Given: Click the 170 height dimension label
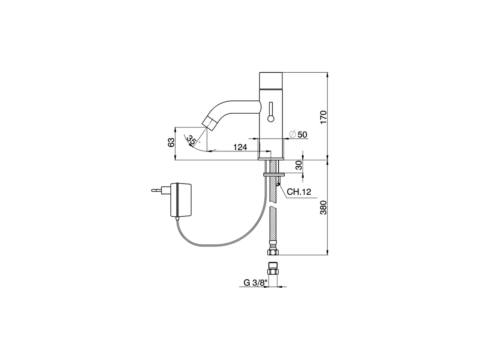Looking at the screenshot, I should (x=324, y=117).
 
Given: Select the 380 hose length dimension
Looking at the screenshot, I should (x=324, y=207).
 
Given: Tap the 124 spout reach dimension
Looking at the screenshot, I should (x=240, y=147).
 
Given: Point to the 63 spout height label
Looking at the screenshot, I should (x=171, y=142).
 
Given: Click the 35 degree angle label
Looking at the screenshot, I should (x=192, y=141).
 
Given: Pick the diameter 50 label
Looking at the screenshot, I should (x=302, y=134).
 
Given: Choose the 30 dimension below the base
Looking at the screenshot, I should (x=298, y=166).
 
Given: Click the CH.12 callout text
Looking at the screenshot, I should (x=299, y=192).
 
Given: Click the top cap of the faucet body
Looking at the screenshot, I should (x=271, y=79).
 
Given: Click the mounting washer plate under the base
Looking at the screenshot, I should (x=274, y=174).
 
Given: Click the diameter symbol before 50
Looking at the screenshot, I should (x=293, y=134).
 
